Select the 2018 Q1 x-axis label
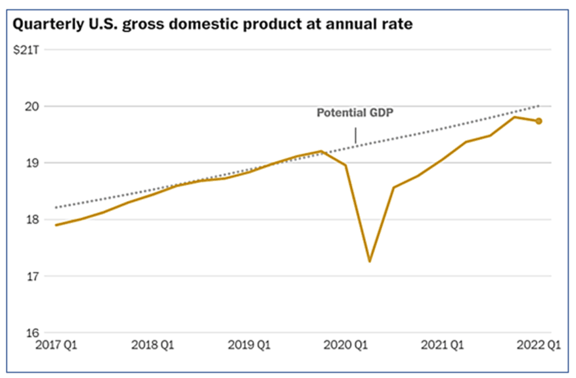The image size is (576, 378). coord(152,344)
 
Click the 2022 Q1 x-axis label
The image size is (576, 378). coord(537,344)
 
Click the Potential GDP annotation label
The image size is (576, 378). coord(355,113)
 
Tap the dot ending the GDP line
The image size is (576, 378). coord(539,121)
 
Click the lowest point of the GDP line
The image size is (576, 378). coord(370,261)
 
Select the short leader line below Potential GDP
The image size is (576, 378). coord(355,135)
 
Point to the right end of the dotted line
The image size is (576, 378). coord(539,105)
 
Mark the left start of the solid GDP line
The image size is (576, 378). coord(56,225)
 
